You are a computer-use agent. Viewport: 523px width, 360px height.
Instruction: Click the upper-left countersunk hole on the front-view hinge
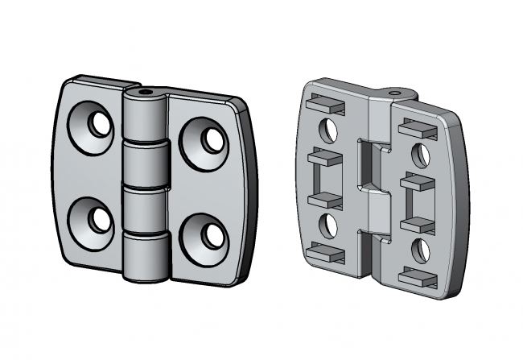(x=98, y=124)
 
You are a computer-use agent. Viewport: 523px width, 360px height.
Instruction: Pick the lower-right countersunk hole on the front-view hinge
(x=211, y=234)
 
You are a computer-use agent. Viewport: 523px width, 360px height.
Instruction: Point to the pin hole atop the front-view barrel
(x=146, y=93)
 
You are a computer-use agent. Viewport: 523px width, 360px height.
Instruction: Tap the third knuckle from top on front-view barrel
(x=146, y=209)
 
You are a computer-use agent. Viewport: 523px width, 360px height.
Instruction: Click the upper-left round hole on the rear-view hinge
(x=329, y=128)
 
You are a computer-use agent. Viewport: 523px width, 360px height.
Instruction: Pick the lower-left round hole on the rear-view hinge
(x=329, y=222)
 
